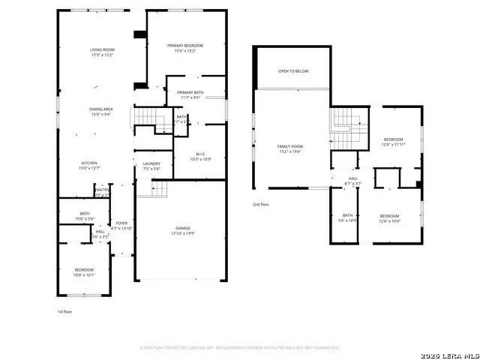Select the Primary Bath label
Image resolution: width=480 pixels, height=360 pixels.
click(190, 94)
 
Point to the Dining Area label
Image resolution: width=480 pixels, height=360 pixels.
click(101, 112)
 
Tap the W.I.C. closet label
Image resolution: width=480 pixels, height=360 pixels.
click(199, 155)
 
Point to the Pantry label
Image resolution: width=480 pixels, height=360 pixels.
click(102, 193)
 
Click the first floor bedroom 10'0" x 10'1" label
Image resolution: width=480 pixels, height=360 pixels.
click(84, 271)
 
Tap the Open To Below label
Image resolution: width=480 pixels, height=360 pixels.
click(293, 71)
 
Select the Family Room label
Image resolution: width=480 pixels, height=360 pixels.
click(290, 148)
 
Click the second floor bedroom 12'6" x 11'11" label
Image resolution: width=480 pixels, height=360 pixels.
click(394, 142)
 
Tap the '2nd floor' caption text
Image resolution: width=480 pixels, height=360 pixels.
click(262, 204)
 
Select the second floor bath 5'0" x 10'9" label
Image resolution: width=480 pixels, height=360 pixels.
click(347, 217)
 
